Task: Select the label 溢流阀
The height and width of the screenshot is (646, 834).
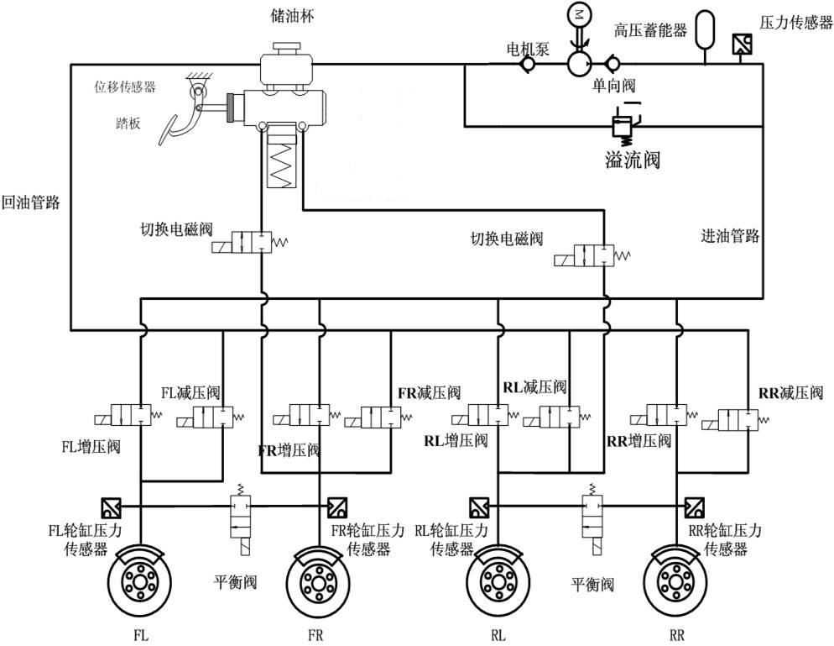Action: point(632,159)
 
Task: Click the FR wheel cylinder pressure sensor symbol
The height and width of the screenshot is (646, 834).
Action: point(336,507)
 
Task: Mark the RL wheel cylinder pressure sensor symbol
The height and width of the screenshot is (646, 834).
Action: point(479,507)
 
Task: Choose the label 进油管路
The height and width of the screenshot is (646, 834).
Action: point(729,236)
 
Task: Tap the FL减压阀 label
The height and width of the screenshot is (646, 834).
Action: point(190,392)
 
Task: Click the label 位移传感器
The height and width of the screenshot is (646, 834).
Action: point(125,87)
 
